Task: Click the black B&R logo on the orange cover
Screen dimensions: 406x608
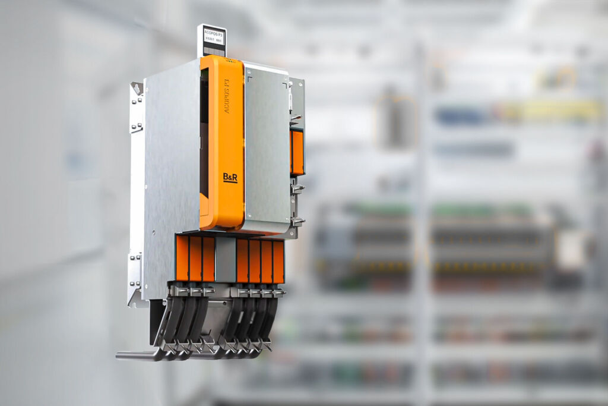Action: click(x=230, y=178)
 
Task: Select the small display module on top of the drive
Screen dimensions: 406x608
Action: click(x=212, y=40)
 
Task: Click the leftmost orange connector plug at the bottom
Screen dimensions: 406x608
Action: click(x=182, y=259)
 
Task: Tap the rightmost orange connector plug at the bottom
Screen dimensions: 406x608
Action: click(x=278, y=261)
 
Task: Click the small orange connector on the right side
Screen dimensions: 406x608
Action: click(x=297, y=152)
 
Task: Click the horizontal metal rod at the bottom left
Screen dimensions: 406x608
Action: click(x=134, y=355)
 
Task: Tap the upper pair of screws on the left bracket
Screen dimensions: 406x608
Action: click(x=136, y=127)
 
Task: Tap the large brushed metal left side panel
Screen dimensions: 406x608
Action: click(x=171, y=178)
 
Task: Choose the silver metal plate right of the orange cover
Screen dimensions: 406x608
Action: click(x=267, y=149)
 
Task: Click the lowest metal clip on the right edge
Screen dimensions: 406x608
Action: click(x=296, y=221)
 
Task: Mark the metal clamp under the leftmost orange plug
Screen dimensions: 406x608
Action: click(x=180, y=290)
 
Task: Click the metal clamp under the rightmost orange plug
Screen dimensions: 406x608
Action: click(x=278, y=292)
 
